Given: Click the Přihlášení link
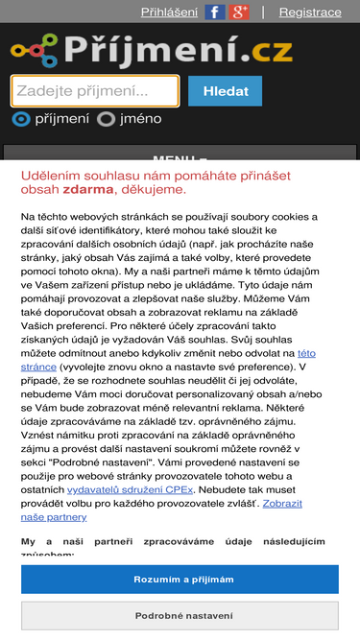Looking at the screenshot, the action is (169, 12).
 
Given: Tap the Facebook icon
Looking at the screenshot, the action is (215, 12).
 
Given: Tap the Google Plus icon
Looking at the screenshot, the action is (240, 12).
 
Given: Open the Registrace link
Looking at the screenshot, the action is (309, 12).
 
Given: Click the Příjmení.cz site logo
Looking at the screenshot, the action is (152, 49).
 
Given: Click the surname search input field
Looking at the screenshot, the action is (95, 91).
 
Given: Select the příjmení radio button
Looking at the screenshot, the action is (21, 120).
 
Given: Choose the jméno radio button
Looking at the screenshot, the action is (107, 120).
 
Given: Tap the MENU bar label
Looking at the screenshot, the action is (180, 159).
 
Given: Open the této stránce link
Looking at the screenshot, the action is (306, 353).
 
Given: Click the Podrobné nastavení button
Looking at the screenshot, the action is (180, 616).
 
